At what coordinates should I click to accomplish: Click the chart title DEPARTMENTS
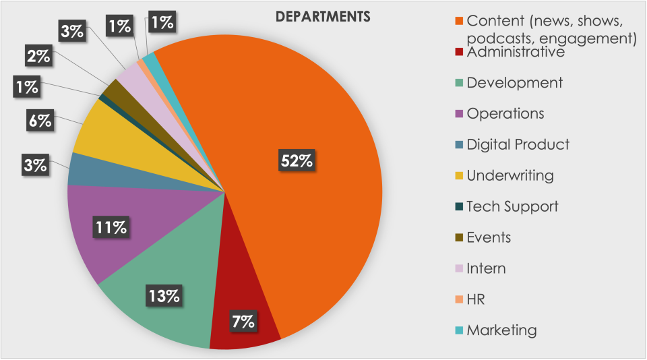pos(323,18)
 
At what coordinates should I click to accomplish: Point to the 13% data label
pos(164,295)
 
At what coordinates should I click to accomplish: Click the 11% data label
pos(111,228)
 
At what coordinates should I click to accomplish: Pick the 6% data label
pos(40,121)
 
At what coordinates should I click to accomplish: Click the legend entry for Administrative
pos(515,52)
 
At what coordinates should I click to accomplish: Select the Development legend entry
pos(514,83)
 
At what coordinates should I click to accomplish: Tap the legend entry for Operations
pos(505,114)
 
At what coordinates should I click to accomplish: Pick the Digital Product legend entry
pos(518,144)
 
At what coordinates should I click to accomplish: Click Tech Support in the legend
pos(512,206)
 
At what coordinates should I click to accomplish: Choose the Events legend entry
pos(489,237)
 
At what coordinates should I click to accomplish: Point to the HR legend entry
pos(476,299)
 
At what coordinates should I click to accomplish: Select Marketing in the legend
pos(501,330)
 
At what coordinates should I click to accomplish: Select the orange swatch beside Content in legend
pos(459,20)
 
